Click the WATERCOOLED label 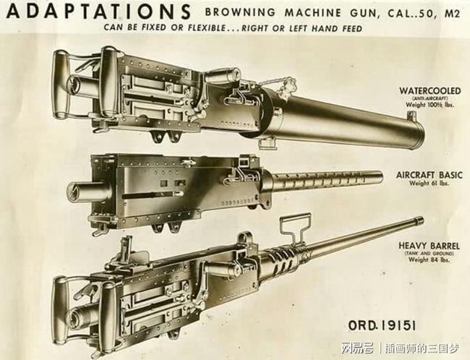coord(429,91)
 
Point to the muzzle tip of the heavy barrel coord(419,220)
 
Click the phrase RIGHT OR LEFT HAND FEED coord(310,29)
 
